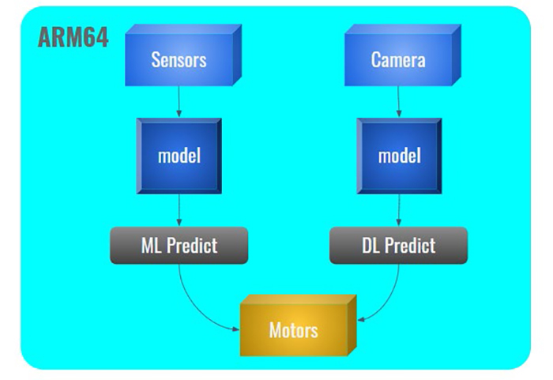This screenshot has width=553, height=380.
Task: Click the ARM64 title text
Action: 73,38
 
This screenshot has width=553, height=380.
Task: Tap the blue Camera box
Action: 398,60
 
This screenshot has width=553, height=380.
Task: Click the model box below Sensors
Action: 179,156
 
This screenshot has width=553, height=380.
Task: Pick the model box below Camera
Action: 399,156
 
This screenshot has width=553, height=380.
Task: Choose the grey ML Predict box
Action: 179,246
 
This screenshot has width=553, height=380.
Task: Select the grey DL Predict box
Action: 398,246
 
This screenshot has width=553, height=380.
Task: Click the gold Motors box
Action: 294,329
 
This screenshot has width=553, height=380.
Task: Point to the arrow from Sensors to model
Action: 179,101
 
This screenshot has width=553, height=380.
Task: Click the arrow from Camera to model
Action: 399,101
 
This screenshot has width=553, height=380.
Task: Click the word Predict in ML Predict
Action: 191,246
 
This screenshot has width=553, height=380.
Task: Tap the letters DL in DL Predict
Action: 371,246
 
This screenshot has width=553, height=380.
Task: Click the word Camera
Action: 398,60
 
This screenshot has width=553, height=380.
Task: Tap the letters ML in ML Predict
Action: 151,246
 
